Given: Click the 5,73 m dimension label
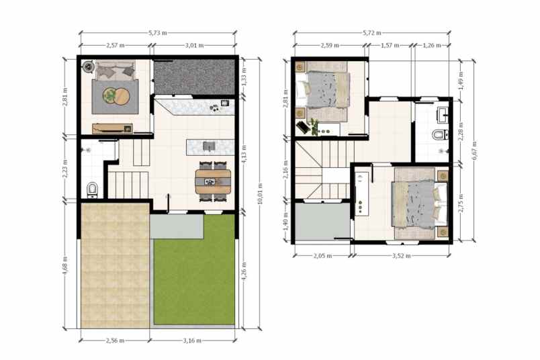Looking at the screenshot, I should [158, 32].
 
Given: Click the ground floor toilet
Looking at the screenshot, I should [92, 189].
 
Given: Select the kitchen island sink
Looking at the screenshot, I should [208, 146].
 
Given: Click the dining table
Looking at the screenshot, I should [213, 179].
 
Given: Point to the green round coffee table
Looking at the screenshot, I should [109, 96].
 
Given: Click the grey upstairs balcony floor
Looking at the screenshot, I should [321, 220].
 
